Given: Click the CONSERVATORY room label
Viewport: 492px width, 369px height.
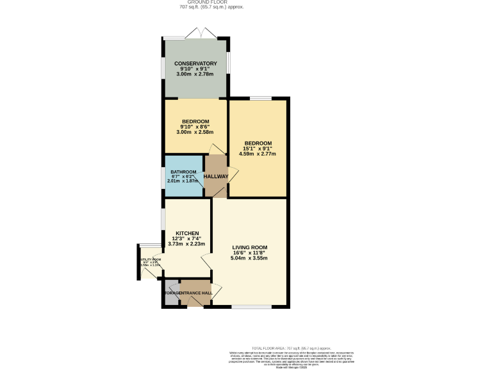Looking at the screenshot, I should click(x=195, y=63).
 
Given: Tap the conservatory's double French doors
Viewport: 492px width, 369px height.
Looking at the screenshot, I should click(x=195, y=33).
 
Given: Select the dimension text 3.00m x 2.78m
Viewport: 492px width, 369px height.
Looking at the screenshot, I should click(x=195, y=76).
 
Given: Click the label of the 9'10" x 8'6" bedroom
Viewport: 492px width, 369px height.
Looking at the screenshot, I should click(x=195, y=122).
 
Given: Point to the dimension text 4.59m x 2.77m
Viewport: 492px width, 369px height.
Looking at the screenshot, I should click(x=257, y=154).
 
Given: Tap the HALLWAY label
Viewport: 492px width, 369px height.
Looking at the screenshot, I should click(x=217, y=176).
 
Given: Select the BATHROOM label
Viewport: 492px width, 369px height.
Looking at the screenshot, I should click(x=183, y=172).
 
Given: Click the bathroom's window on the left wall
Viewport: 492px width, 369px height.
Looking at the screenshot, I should click(x=162, y=176).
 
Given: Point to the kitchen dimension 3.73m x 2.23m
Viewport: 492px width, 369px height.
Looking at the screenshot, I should click(x=186, y=243).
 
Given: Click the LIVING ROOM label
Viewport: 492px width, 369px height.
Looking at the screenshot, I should click(x=249, y=247).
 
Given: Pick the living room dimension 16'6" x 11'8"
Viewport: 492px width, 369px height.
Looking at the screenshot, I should click(x=249, y=253).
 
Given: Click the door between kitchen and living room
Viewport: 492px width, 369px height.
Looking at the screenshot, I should click(x=207, y=261).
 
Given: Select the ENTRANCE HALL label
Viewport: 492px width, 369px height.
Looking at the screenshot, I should click(x=195, y=293).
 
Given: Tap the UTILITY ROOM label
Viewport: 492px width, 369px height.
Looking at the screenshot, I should click(x=149, y=259).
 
